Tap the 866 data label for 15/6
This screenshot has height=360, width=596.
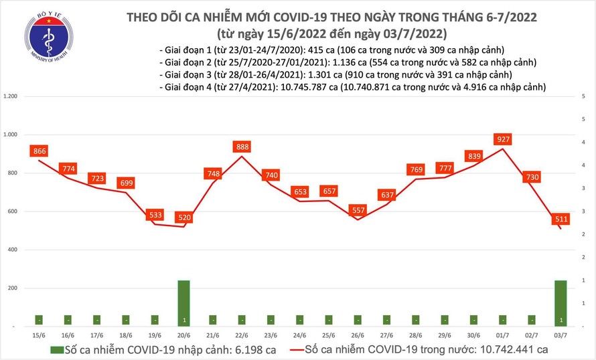point(39,152)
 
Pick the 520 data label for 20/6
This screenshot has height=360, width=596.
point(183,217)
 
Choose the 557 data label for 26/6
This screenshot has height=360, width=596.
point(357,210)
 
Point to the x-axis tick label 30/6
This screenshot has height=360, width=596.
point(472,333)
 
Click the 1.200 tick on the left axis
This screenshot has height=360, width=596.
point(11,97)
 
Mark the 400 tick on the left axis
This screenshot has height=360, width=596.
point(15,250)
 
